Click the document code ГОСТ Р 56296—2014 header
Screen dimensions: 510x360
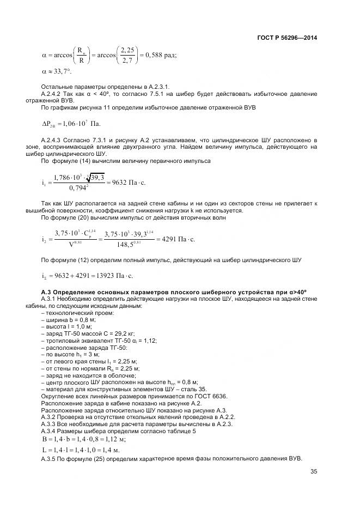pos(286,38)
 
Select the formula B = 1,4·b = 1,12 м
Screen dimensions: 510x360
pos(84,439)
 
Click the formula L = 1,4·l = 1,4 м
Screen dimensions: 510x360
pos(81,450)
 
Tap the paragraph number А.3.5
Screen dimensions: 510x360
pos(51,459)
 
